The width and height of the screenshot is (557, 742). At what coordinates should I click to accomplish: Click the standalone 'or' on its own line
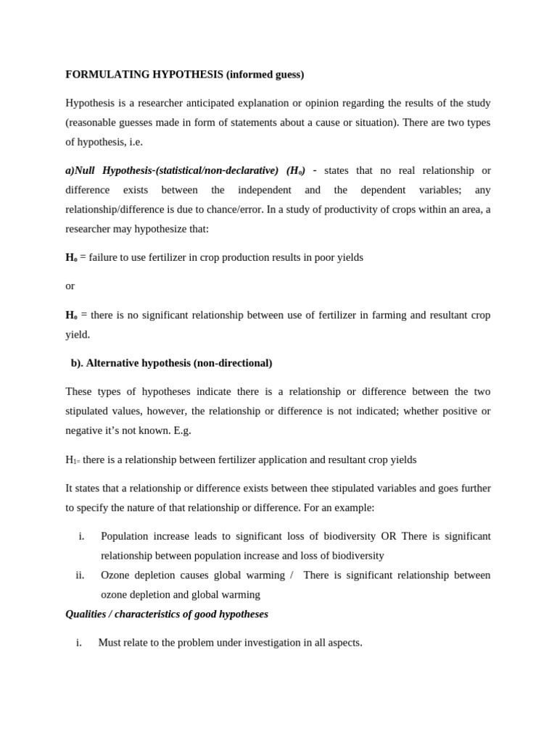(x=70, y=286)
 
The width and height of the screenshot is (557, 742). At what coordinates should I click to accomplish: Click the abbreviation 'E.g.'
(x=182, y=430)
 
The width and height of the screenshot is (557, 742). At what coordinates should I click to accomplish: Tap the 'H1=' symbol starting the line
(x=73, y=460)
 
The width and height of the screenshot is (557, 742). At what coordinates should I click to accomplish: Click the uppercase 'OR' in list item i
(x=389, y=536)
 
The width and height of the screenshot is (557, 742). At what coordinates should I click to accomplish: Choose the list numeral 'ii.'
(x=80, y=575)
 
